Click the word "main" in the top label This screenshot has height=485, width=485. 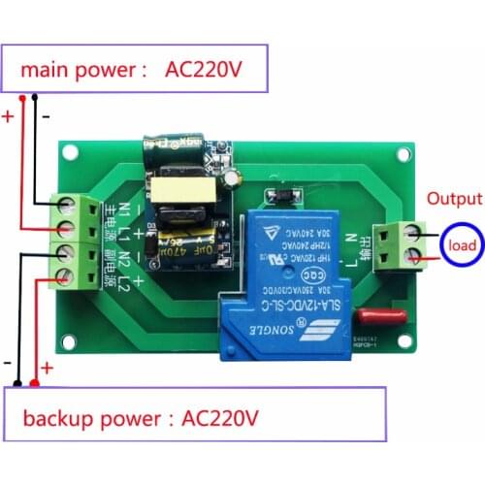(41, 71)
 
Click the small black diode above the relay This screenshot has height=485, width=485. (279, 199)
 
